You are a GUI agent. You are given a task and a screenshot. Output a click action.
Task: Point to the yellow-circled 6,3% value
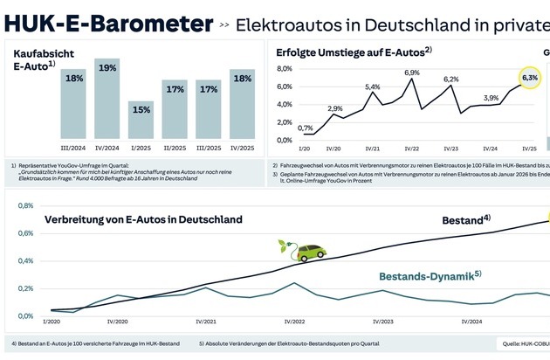coord(530,78)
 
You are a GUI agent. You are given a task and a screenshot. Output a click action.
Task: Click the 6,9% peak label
coord(412,73)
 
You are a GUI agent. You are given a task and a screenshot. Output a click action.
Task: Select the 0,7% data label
coord(306,128)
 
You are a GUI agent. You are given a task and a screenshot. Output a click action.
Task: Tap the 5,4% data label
coord(373,87)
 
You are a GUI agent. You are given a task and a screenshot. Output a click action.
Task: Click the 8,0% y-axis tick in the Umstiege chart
coord(285,69)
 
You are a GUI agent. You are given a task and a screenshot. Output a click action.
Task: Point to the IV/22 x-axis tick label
coord(411,149)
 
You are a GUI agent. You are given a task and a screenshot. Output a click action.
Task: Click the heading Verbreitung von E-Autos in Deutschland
coord(143,219)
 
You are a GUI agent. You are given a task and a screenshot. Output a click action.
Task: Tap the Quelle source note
coord(523,343)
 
